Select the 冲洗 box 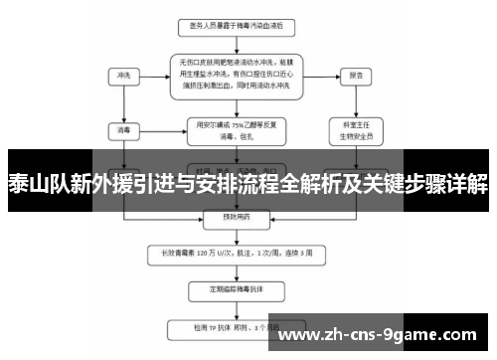[x=124, y=74]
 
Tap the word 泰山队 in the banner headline [x=31, y=183]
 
